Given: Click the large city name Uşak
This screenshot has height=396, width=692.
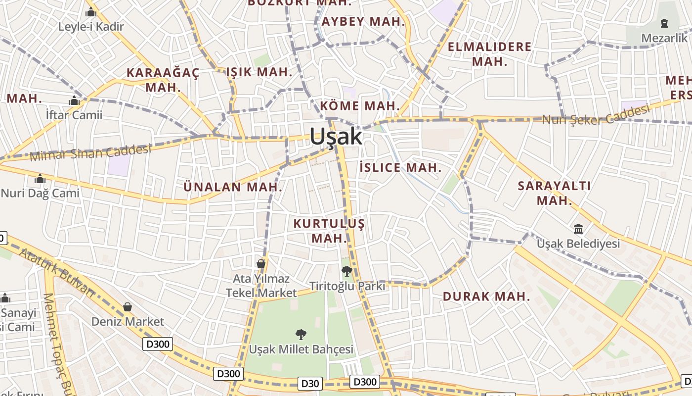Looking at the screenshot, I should tap(336, 137).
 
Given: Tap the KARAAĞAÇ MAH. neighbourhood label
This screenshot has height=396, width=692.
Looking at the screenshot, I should tap(163, 80).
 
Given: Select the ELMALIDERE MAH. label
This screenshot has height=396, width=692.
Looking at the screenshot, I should tap(489, 54).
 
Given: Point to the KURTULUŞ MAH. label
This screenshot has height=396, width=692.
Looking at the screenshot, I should tap(329, 231).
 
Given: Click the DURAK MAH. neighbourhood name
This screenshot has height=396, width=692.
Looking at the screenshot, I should tap(486, 297).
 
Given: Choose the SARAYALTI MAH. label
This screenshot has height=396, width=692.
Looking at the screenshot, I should tap(554, 193).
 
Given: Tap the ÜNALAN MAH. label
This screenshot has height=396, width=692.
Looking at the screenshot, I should tap(233, 187).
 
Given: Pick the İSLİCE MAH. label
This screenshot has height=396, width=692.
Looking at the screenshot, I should tap(400, 167).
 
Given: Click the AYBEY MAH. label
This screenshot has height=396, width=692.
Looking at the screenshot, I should tap(363, 22).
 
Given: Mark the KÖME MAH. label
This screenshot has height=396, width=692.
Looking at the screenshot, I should tap(360, 105).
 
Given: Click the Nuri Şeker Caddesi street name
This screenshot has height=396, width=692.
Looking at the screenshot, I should tap(596, 115).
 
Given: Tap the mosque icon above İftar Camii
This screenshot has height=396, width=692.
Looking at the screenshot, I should tap(74, 101).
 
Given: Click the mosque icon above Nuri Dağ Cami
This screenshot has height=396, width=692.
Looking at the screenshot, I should tap(40, 179).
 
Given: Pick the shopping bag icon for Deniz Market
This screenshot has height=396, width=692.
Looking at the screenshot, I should tap(128, 307).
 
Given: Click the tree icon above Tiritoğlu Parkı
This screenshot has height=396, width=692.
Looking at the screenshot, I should tap(347, 271).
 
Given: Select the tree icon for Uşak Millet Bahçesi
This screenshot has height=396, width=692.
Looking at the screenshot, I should tap(301, 335).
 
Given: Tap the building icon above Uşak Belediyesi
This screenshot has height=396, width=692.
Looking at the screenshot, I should tap(578, 229).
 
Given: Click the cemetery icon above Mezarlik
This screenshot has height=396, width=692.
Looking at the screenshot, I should tap(664, 23).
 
